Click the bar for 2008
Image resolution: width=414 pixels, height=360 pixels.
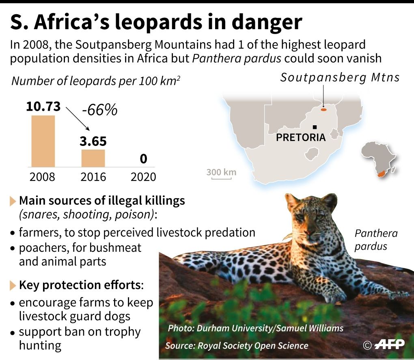tap(43, 141)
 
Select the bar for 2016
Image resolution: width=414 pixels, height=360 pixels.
tap(93, 158)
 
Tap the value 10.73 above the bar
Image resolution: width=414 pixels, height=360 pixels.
tap(43, 107)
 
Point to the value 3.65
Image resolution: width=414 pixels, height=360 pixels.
tap(93, 141)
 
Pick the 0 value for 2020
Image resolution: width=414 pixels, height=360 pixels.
tap(143, 159)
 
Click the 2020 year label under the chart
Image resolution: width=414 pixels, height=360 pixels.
tap(143, 177)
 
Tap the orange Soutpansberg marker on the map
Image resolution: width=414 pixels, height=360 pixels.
tap(323, 109)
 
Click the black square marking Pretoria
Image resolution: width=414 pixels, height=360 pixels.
tap(315, 127)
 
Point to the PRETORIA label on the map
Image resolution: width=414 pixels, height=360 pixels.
tap(300, 137)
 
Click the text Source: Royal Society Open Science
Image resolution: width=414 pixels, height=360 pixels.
tap(237, 345)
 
